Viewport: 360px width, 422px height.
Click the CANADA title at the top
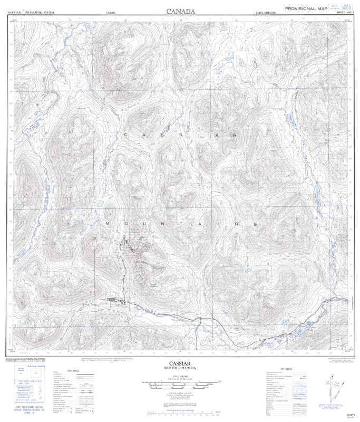[x=180, y=11]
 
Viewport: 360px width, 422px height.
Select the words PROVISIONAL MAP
[x=306, y=9]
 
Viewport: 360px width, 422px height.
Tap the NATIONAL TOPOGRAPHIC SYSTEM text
[x=30, y=12]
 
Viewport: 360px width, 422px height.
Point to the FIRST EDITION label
[x=266, y=12]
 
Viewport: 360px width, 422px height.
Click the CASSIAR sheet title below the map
[x=180, y=363]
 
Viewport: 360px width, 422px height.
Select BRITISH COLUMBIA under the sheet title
[x=180, y=368]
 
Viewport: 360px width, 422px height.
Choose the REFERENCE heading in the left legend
[x=73, y=371]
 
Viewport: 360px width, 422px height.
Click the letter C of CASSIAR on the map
[x=125, y=136]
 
